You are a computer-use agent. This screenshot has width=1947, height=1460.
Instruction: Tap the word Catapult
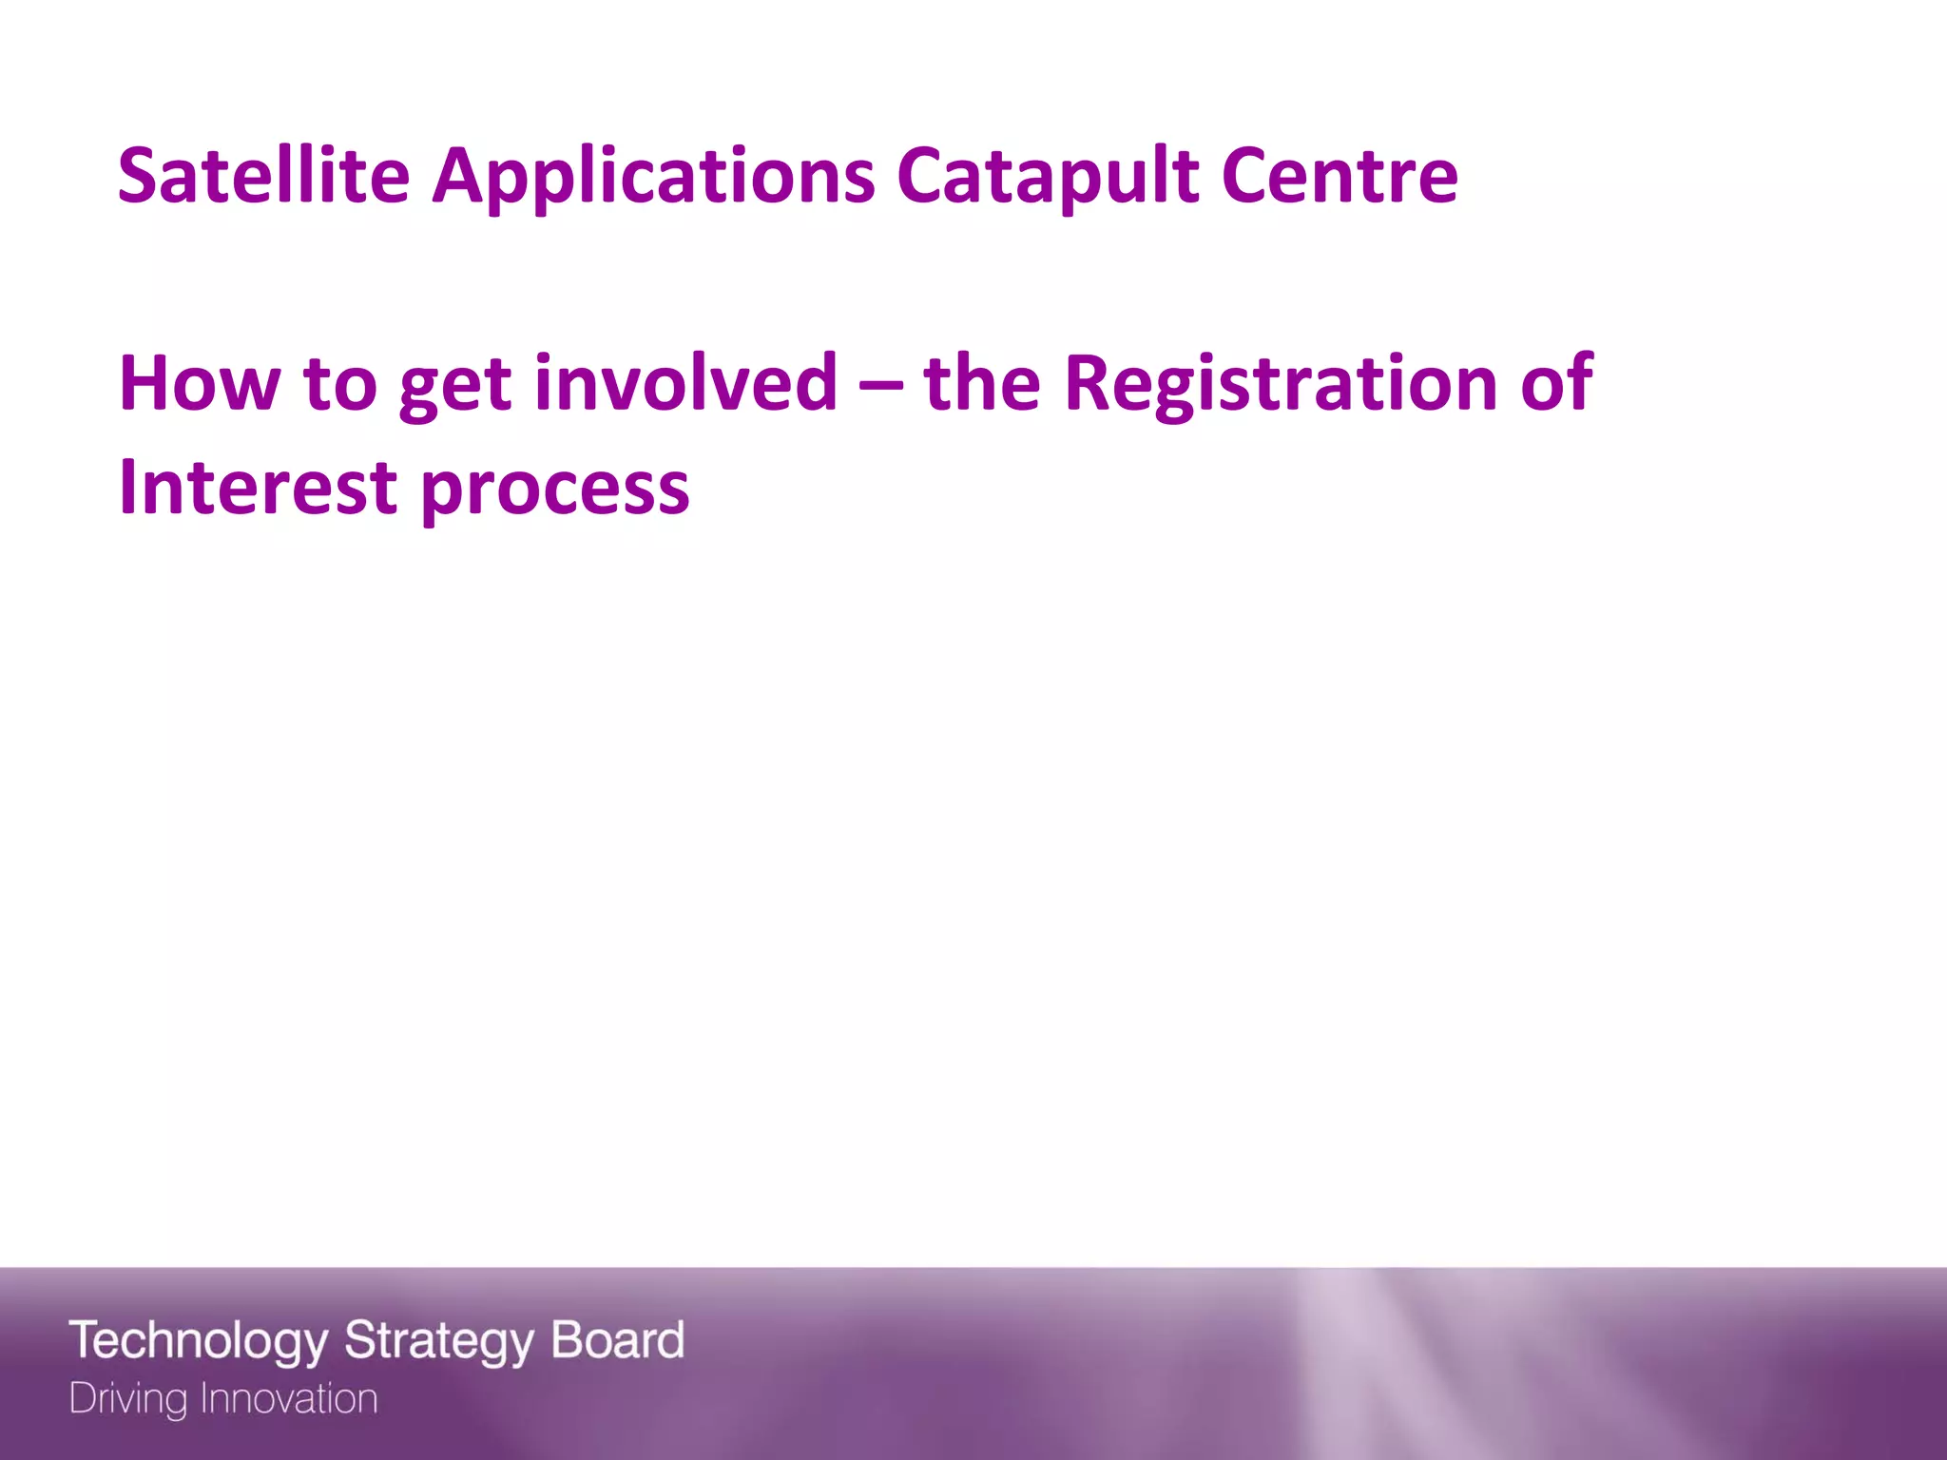click(1048, 178)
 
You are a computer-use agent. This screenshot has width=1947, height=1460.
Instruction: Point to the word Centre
click(1340, 176)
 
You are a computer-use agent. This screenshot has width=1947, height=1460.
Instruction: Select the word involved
click(685, 383)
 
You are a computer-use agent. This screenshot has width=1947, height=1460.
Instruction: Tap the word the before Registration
click(981, 383)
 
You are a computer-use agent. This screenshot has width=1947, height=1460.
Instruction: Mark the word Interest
click(258, 488)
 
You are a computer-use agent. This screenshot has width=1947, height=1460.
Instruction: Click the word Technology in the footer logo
click(199, 1341)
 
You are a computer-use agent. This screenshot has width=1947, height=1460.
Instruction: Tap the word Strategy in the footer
click(438, 1341)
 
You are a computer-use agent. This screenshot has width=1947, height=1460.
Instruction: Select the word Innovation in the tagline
click(289, 1399)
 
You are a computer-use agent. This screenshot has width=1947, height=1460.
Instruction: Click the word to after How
click(340, 385)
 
